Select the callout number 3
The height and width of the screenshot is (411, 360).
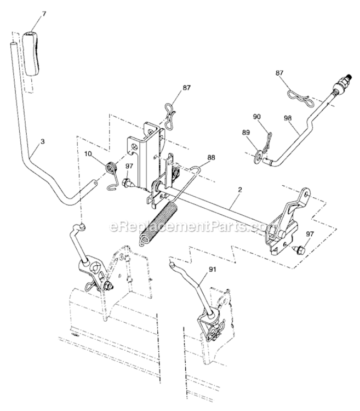coord(42,142)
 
